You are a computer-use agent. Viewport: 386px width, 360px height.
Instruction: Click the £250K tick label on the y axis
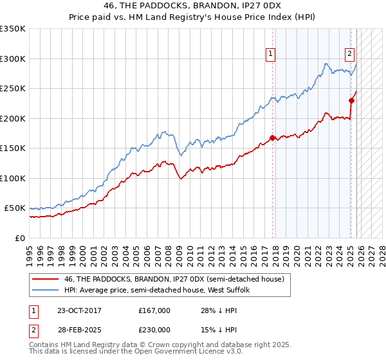(x=13, y=88)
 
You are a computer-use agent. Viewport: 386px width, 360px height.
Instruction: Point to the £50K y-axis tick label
(x=15, y=208)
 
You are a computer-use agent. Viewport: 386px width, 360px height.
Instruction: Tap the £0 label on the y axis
(x=21, y=238)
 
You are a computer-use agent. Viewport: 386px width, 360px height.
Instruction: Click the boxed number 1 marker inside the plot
(x=271, y=55)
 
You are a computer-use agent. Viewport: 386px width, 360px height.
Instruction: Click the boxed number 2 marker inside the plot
(x=349, y=55)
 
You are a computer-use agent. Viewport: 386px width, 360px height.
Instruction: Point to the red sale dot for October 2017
(x=273, y=138)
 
